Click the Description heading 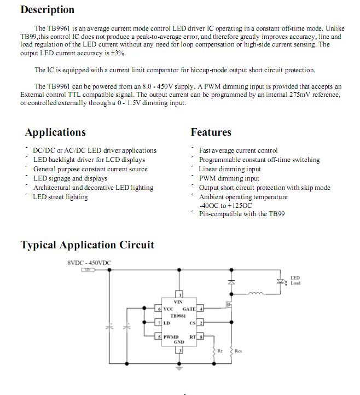click(x=47, y=10)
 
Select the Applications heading click(x=55, y=132)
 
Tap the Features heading click(x=211, y=132)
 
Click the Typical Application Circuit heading click(x=87, y=245)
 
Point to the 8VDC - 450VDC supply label click(x=89, y=263)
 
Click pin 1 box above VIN click(x=178, y=294)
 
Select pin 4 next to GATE click(x=200, y=309)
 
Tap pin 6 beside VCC click(x=159, y=309)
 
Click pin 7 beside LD click(x=159, y=323)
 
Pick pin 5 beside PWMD click(x=159, y=337)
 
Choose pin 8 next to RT click(x=200, y=337)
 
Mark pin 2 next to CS click(x=200, y=323)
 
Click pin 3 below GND click(x=178, y=350)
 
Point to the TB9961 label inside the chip click(x=178, y=316)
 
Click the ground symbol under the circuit click(x=178, y=369)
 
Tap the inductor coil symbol click(x=256, y=294)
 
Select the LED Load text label click(x=295, y=281)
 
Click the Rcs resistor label click(x=238, y=350)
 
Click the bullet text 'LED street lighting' click(x=60, y=197)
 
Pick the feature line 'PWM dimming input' click(x=229, y=178)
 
